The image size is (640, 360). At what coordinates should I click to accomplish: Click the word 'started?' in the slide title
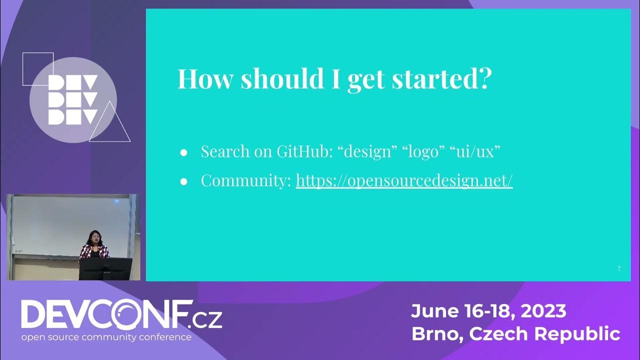pyautogui.click(x=440, y=79)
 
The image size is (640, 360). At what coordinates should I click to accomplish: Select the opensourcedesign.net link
pyautogui.click(x=404, y=180)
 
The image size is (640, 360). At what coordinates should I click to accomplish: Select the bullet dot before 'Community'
pyautogui.click(x=183, y=181)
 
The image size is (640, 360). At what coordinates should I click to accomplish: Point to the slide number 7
pyautogui.click(x=619, y=269)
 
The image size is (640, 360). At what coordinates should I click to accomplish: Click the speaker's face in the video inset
pyautogui.click(x=93, y=236)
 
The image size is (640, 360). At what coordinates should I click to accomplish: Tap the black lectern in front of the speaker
pyautogui.click(x=105, y=268)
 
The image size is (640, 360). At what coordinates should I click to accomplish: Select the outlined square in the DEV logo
pyautogui.click(x=38, y=69)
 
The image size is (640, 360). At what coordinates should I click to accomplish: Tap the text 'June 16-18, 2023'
pyautogui.click(x=488, y=311)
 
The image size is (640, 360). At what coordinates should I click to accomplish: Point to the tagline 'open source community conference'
pyautogui.click(x=106, y=337)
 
